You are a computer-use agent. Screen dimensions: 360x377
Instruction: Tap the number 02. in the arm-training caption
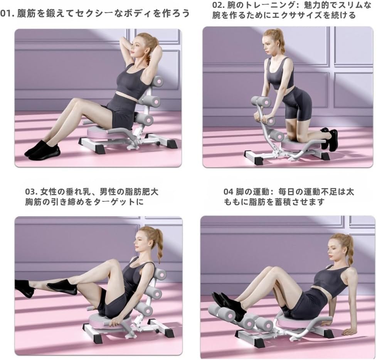(x=218, y=5)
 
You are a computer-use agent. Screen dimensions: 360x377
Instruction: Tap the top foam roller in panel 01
(x=157, y=81)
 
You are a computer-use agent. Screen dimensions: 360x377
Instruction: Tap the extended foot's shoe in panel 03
(x=24, y=287)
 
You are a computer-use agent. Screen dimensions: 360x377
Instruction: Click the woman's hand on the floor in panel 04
(x=349, y=331)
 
